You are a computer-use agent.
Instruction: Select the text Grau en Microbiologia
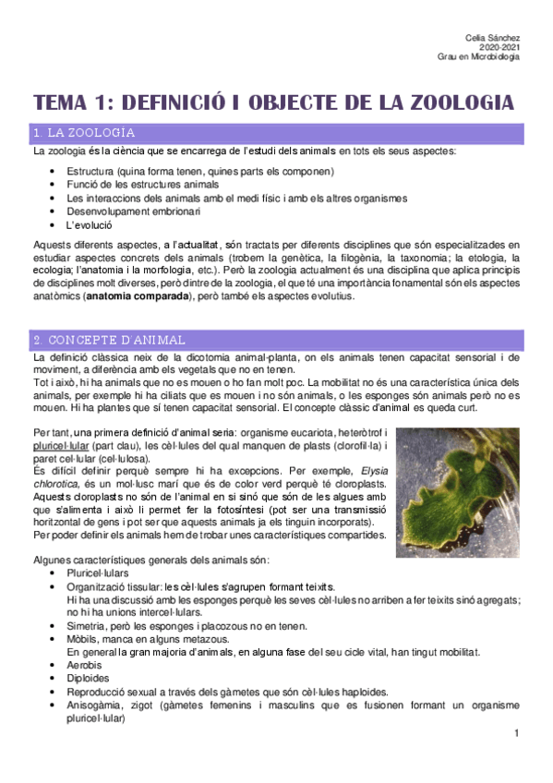coord(478,56)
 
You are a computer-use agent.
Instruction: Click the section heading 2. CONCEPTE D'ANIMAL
coord(109,340)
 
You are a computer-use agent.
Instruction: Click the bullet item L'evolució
coord(89,224)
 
